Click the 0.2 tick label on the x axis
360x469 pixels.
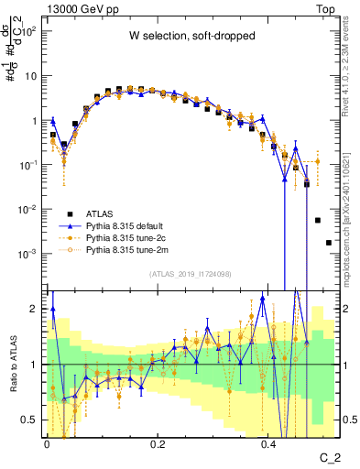[158, 444]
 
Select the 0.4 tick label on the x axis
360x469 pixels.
[268, 444]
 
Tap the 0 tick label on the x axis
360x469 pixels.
[47, 444]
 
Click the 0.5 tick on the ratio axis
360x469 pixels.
[31, 420]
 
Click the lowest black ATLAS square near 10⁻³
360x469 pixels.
[328, 243]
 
